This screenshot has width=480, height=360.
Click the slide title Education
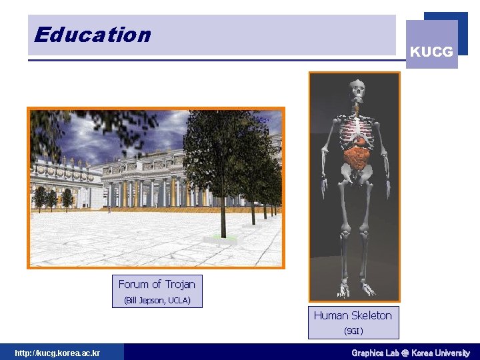(93, 35)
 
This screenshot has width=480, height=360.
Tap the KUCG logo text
(431, 51)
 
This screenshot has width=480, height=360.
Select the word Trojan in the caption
(180, 284)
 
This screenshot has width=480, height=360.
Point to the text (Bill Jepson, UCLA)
(157, 301)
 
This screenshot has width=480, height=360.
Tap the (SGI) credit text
(353, 331)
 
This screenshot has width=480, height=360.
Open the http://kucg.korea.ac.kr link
(57, 353)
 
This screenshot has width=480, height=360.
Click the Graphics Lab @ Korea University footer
(410, 353)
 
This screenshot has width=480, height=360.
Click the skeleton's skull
(358, 88)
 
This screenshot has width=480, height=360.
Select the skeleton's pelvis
(357, 175)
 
